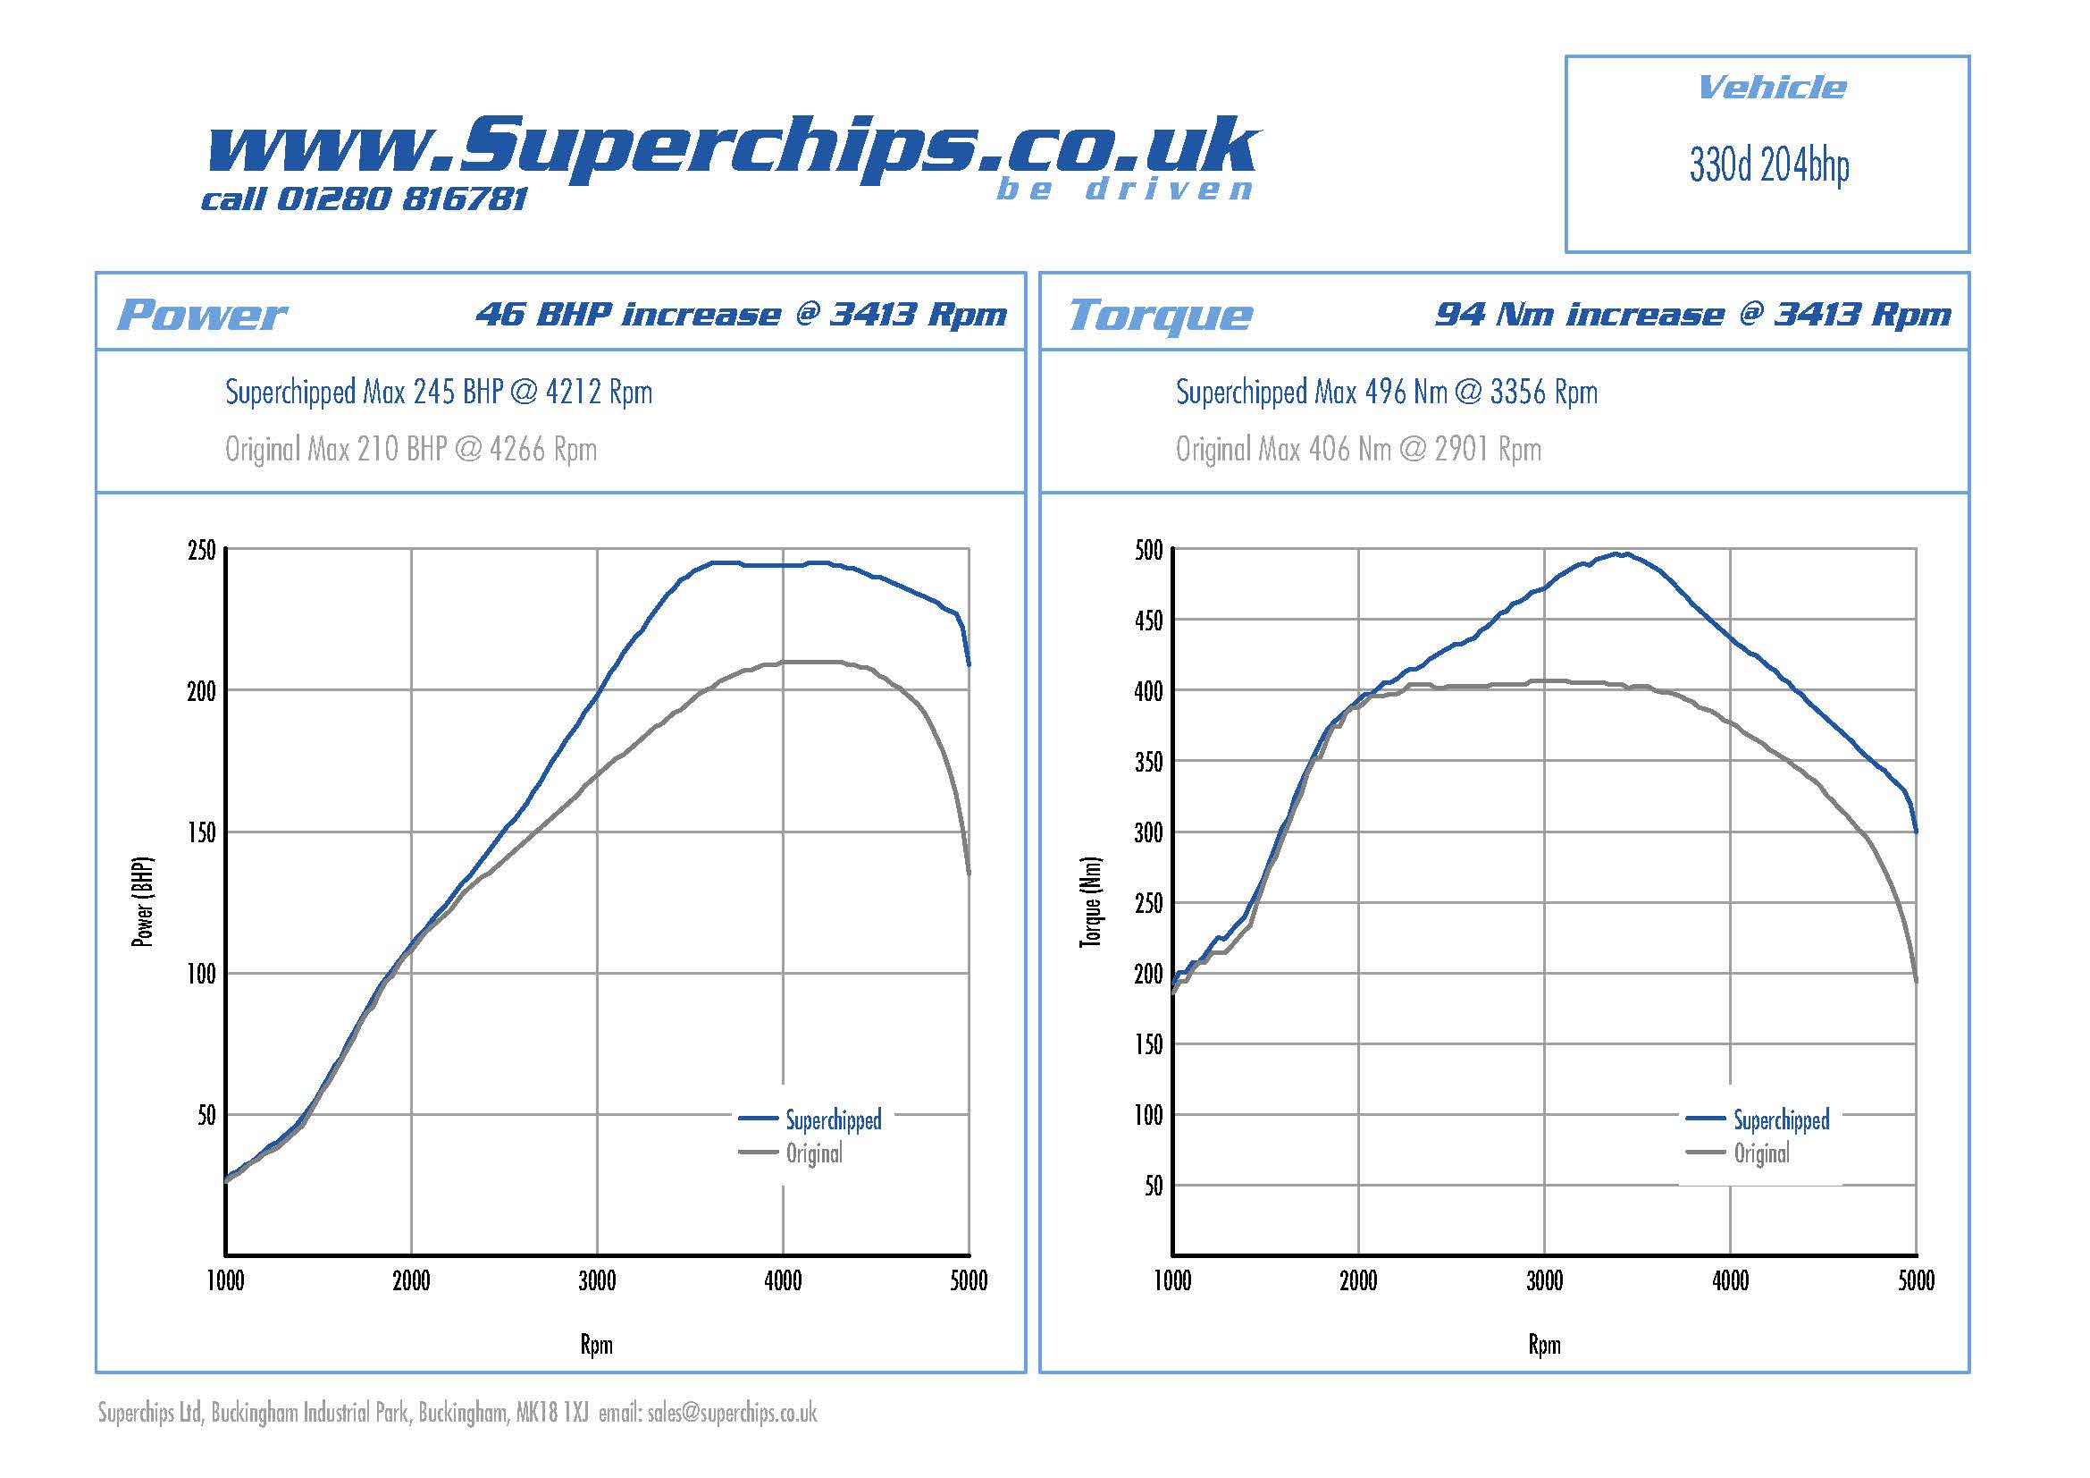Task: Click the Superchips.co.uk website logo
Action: [x=733, y=150]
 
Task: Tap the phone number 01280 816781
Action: [x=400, y=199]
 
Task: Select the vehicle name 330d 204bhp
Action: [x=1768, y=166]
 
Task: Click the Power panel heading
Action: [x=201, y=315]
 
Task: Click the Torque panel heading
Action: [x=1161, y=315]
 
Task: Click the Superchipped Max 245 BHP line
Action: [x=439, y=393]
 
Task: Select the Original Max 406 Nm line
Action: [x=1358, y=449]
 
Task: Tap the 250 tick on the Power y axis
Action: [x=202, y=551]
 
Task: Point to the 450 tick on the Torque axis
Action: [x=1149, y=621]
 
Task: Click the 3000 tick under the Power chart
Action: [x=597, y=1281]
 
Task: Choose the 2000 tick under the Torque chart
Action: [x=1358, y=1281]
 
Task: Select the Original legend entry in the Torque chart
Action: [x=1760, y=1153]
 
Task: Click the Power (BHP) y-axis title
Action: [x=143, y=901]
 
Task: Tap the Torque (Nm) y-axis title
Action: [x=1090, y=901]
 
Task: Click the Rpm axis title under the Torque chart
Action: [x=1544, y=1345]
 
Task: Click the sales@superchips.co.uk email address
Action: [x=732, y=1413]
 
